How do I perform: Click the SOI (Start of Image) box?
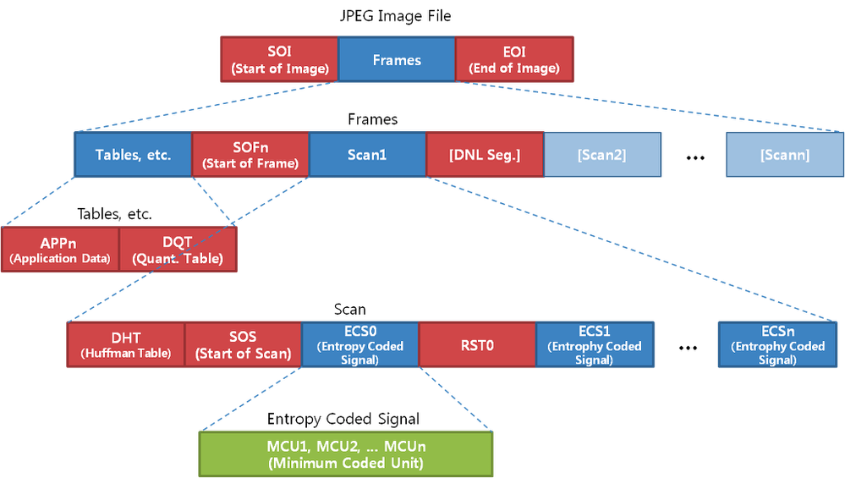278,59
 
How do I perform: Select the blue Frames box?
397,59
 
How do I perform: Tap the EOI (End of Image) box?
514,59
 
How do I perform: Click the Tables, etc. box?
133,155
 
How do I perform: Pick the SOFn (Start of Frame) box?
250,155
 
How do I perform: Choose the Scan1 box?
367,155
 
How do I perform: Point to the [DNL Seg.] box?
484,155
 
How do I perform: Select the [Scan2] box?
601,155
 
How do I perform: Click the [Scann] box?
784,155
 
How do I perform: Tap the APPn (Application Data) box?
60,250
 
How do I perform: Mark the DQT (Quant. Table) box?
178,250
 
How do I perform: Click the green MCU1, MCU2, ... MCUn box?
345,453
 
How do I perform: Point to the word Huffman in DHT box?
113,354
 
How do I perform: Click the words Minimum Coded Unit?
345,463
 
